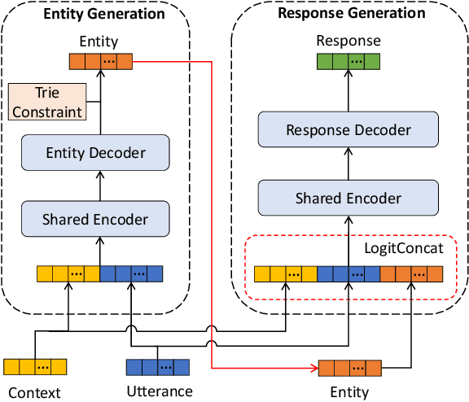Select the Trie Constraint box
click(46, 103)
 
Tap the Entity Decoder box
click(95, 153)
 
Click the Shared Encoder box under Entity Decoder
click(95, 219)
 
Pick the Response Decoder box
click(348, 130)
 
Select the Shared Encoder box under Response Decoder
click(348, 198)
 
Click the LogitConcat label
click(404, 247)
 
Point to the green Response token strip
click(348, 61)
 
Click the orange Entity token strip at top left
click(99, 61)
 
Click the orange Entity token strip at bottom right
click(349, 368)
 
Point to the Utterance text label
click(160, 391)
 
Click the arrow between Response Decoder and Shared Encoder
click(348, 164)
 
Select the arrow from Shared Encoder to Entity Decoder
click(99, 186)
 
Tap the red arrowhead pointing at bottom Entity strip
click(313, 368)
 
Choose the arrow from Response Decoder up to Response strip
click(348, 91)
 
